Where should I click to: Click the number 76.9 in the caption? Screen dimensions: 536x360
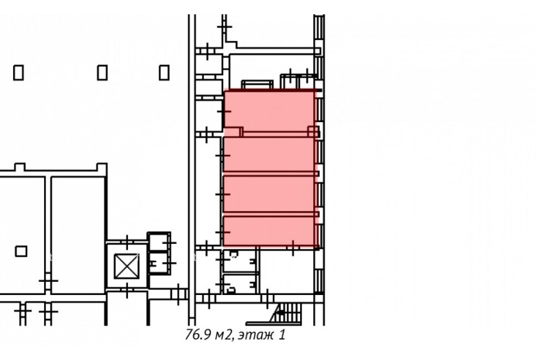198,335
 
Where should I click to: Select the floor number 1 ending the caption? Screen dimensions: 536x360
282,335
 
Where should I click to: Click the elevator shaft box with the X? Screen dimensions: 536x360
127,266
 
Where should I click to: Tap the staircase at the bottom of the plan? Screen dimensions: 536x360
286,313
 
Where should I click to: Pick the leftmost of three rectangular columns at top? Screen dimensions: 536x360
18,73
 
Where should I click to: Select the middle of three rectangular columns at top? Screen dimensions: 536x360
102,73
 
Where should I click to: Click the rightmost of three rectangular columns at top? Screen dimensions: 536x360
164,73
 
